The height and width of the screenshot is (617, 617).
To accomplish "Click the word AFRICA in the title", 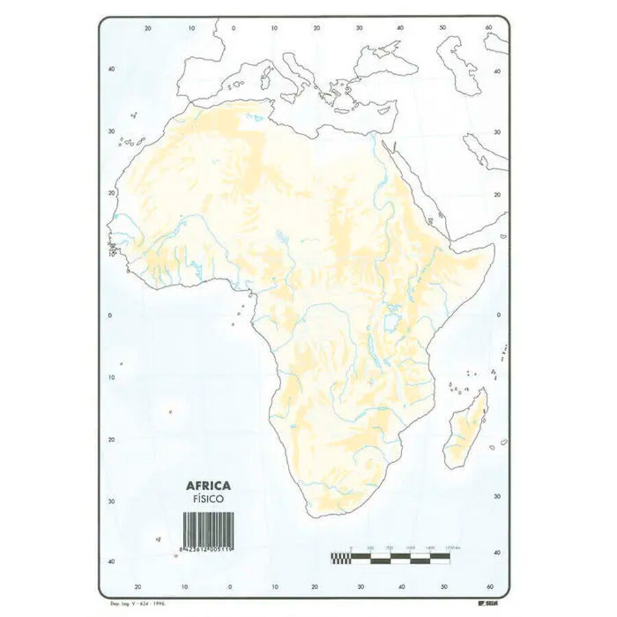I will tap(208, 485).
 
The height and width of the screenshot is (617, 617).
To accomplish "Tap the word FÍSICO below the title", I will tap(208, 499).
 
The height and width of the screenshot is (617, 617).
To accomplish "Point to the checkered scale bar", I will tap(390, 557).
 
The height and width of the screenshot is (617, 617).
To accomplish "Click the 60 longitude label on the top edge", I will tap(488, 28).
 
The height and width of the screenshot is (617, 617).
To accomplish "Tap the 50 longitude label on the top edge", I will tap(444, 28).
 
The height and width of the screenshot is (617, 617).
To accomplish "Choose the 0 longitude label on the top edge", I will tap(233, 28).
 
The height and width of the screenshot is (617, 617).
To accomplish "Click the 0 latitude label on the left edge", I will tap(110, 315).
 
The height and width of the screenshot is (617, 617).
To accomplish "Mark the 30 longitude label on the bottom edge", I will tap(359, 586).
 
